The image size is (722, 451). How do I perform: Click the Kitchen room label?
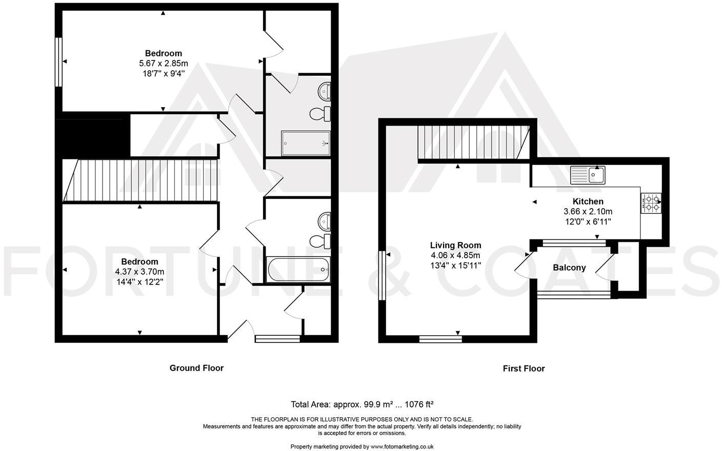[x=588, y=201]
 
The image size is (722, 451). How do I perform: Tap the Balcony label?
[x=569, y=268]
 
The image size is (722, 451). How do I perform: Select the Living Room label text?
[x=455, y=245]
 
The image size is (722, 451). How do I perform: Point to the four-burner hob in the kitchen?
[x=651, y=203]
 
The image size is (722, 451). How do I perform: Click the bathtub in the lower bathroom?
[x=298, y=269]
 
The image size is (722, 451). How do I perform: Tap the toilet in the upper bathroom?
[x=321, y=113]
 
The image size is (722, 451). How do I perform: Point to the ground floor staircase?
[x=141, y=180]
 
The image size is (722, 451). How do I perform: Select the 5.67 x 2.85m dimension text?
[x=164, y=64]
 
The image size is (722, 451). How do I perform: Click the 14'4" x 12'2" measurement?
[x=139, y=281]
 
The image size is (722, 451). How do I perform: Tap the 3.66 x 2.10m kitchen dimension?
[x=588, y=212]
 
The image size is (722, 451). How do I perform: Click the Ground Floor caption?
[x=196, y=368]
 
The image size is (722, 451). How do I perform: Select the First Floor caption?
[x=524, y=368]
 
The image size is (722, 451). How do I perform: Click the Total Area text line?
[x=363, y=404]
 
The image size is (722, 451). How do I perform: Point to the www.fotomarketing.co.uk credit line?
[x=362, y=446]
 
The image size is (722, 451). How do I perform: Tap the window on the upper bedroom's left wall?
[x=58, y=61]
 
